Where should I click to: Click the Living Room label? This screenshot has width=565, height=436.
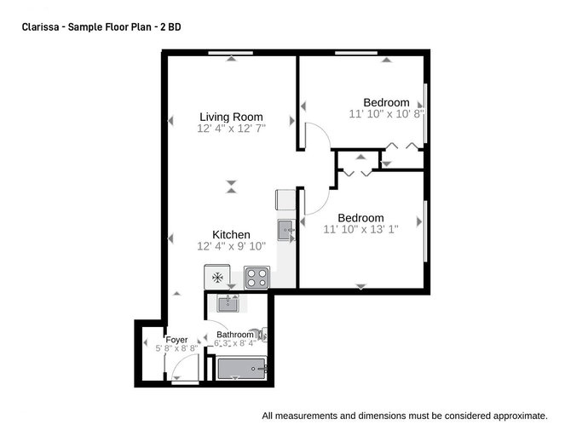pyautogui.click(x=231, y=117)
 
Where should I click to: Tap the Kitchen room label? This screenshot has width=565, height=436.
pyautogui.click(x=231, y=235)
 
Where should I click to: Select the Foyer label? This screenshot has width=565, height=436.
pyautogui.click(x=176, y=340)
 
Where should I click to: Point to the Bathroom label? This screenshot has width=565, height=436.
pyautogui.click(x=235, y=335)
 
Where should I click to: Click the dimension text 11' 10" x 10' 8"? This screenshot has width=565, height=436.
pyautogui.click(x=386, y=114)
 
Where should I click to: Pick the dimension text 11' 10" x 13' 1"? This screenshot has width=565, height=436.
pyautogui.click(x=360, y=229)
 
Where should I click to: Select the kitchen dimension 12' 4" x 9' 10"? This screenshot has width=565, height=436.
pyautogui.click(x=231, y=246)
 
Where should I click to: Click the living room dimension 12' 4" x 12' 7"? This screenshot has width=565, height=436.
pyautogui.click(x=231, y=129)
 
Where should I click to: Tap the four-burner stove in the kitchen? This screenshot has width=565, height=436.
pyautogui.click(x=257, y=278)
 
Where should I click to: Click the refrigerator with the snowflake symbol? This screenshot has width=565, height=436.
pyautogui.click(x=217, y=277)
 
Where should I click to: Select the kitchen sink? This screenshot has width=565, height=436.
pyautogui.click(x=286, y=230)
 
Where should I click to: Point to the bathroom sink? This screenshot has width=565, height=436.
pyautogui.click(x=228, y=304)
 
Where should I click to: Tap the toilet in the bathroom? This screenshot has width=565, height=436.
pyautogui.click(x=260, y=335)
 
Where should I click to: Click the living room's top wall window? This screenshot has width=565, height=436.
pyautogui.click(x=231, y=53)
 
